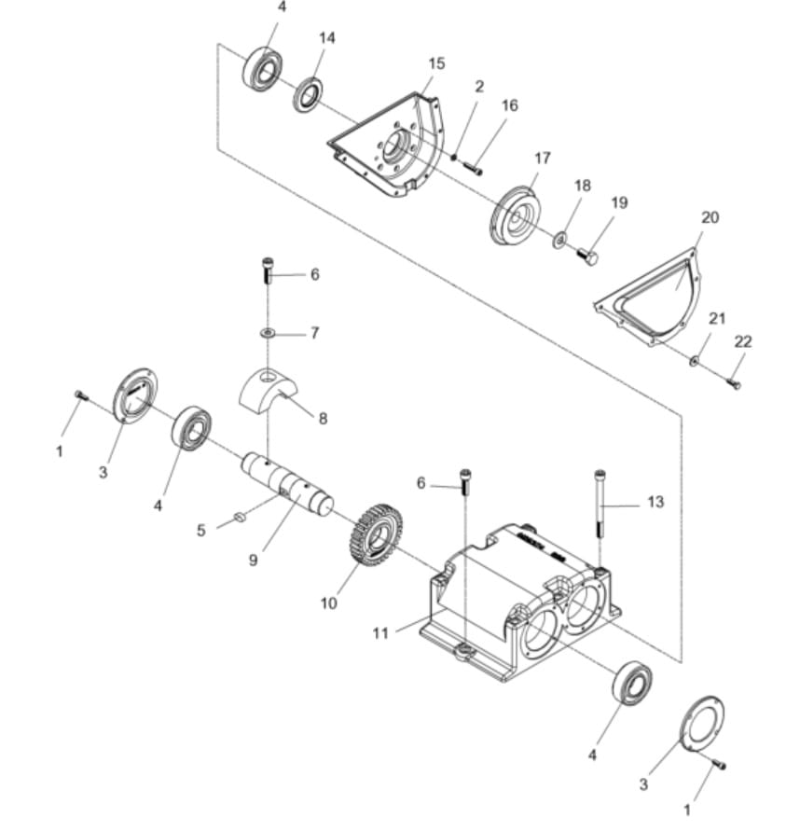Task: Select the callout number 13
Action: pos(655,502)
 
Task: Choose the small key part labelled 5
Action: pos(238,514)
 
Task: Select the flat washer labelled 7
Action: pos(268,332)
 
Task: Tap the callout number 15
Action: pos(436,63)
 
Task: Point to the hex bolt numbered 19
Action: pos(587,257)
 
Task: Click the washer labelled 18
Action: pos(558,241)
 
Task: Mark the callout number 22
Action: pos(742,342)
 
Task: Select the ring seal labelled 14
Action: pos(308,95)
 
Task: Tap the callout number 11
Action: pos(380,633)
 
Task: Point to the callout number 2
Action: pos(479,87)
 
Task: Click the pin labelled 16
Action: pos(472,169)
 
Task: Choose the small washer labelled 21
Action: pos(695,359)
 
